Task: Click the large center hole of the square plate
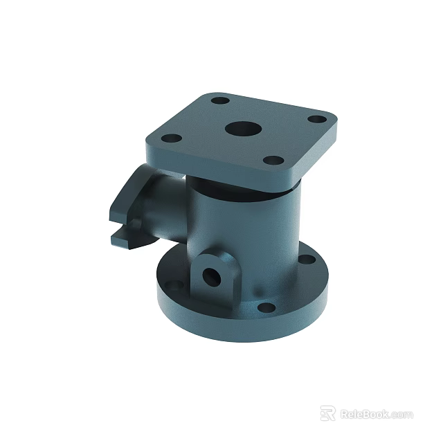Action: pyautogui.click(x=242, y=129)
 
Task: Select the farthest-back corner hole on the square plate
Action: pyautogui.click(x=220, y=101)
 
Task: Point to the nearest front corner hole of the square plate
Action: pyautogui.click(x=273, y=162)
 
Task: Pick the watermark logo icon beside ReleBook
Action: pyautogui.click(x=328, y=413)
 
